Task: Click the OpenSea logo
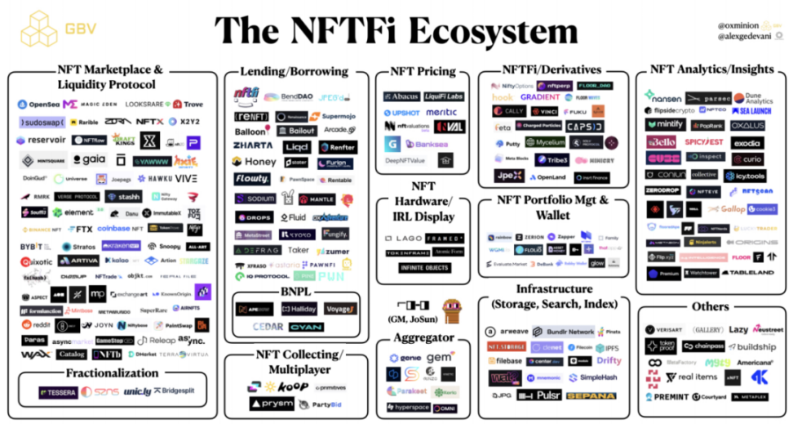[39, 105]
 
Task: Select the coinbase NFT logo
[120, 229]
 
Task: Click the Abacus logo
[401, 96]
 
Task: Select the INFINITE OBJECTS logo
[424, 267]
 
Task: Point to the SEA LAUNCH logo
[751, 110]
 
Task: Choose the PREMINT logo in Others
[667, 397]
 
